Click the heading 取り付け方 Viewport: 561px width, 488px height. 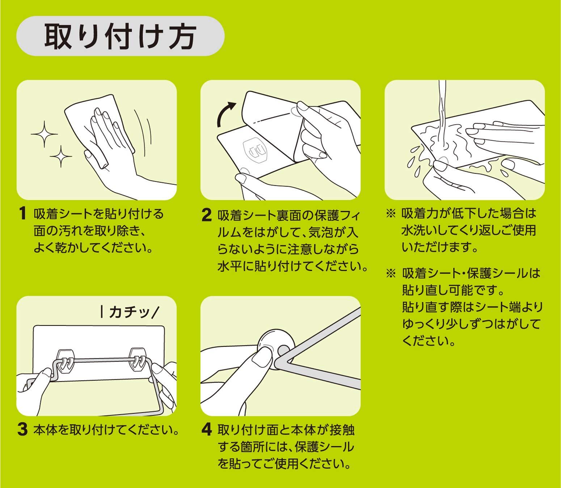pos(121,36)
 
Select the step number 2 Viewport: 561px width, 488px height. pos(206,215)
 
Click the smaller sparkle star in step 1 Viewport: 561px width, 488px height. pos(60,156)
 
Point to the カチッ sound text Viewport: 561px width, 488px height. pos(130,312)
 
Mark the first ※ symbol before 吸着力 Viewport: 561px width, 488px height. pos(391,214)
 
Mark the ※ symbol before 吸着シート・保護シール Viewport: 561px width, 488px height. pos(391,273)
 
